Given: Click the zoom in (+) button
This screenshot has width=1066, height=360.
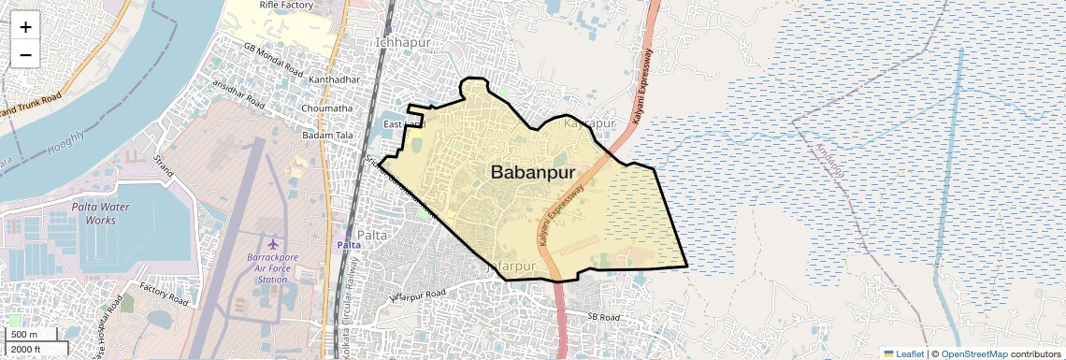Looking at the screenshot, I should tap(25, 27).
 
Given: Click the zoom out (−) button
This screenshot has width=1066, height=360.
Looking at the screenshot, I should tap(25, 54).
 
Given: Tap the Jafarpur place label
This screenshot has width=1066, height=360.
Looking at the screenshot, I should tap(512, 266).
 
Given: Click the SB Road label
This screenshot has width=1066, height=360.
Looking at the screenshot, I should tap(604, 318).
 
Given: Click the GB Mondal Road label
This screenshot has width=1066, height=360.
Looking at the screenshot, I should tap(273, 59).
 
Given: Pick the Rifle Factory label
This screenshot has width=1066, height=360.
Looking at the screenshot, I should tap(285, 6).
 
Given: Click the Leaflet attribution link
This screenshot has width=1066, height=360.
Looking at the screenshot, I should tap(903, 353).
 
